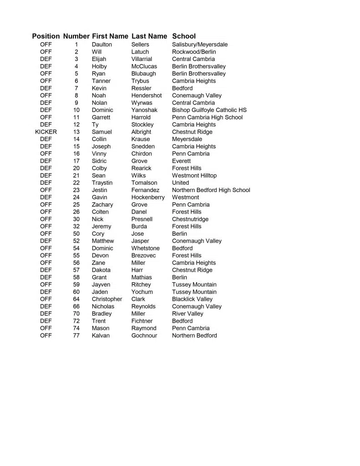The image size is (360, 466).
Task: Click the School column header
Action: pyautogui.click(x=184, y=36)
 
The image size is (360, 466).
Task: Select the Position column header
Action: pyautogui.click(x=46, y=36)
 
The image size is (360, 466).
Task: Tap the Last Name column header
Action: pyautogui.click(x=149, y=36)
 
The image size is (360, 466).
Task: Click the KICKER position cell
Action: pyautogui.click(x=46, y=132)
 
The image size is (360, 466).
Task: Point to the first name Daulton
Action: pyautogui.click(x=102, y=45)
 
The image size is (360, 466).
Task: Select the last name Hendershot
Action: pyautogui.click(x=147, y=96)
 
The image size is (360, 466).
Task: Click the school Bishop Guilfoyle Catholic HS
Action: pyautogui.click(x=209, y=110)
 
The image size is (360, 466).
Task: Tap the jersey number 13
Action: pyautogui.click(x=76, y=132)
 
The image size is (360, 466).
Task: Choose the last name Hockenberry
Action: pyautogui.click(x=148, y=198)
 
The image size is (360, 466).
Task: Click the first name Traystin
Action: pyautogui.click(x=102, y=183)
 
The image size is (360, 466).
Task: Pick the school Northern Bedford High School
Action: pyautogui.click(x=211, y=190)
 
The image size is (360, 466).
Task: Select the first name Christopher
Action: pyautogui.click(x=107, y=299)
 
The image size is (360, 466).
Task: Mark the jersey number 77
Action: pyautogui.click(x=76, y=336)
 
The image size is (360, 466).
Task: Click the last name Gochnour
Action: pyautogui.click(x=144, y=336)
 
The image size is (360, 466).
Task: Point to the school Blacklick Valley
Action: pyautogui.click(x=192, y=299)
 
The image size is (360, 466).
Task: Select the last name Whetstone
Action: pyautogui.click(x=146, y=248)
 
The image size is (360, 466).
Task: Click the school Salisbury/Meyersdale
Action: pyautogui.click(x=200, y=45)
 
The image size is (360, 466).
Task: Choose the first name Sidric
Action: pyautogui.click(x=99, y=161)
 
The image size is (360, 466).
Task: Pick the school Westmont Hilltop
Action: pyautogui.click(x=194, y=176)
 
